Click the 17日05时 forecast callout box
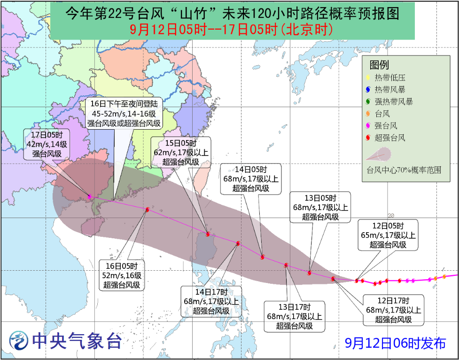coord(47,143)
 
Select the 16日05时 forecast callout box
coord(122,275)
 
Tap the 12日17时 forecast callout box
coord(394,310)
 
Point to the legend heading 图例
coord(380,65)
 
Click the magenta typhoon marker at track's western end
coord(89,196)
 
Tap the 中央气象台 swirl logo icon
coord(19,341)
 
